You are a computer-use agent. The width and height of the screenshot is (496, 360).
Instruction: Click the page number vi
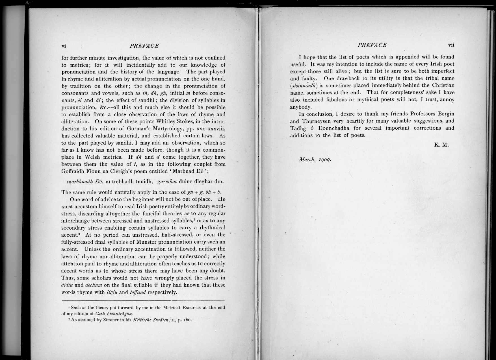[64, 46]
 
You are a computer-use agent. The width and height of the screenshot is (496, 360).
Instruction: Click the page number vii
[451, 45]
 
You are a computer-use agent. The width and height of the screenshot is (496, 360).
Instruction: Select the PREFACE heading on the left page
[144, 46]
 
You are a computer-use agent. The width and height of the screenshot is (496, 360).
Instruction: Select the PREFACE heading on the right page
[372, 45]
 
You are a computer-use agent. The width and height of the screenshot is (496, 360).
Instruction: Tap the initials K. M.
[441, 145]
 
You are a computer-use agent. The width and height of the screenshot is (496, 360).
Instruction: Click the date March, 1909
[315, 160]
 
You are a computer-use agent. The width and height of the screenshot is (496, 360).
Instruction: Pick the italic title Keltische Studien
[149, 320]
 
